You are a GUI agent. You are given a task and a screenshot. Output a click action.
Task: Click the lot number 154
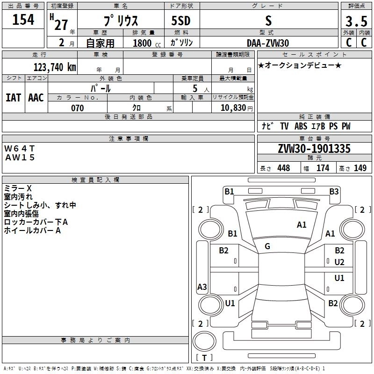(x=23, y=19)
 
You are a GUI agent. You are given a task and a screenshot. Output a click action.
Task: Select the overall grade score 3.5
(x=356, y=21)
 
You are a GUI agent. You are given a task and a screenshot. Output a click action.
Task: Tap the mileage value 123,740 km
(x=55, y=67)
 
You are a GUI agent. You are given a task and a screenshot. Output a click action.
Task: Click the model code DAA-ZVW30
(x=268, y=43)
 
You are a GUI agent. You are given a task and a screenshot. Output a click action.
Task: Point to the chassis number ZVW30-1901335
(x=314, y=149)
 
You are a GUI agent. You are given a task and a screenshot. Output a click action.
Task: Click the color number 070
(x=78, y=108)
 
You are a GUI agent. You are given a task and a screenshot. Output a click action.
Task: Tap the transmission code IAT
(x=14, y=98)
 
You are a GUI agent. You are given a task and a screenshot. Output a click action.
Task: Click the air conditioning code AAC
(x=36, y=98)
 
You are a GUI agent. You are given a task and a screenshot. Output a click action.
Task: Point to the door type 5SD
(x=181, y=21)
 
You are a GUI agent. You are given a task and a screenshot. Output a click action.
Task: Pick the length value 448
(x=284, y=168)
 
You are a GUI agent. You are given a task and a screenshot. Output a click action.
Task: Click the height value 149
(x=360, y=168)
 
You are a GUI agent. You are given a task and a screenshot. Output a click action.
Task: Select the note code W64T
(x=20, y=149)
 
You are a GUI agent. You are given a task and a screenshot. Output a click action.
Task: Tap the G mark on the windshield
(x=267, y=246)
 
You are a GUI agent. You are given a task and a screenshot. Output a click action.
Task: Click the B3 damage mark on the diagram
(x=334, y=192)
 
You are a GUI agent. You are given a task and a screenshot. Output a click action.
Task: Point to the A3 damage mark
(x=202, y=287)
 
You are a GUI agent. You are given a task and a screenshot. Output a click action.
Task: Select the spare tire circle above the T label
(x=204, y=341)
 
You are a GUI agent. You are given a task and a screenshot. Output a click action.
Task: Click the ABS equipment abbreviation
(x=301, y=126)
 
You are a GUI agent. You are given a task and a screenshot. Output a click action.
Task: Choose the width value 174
(x=323, y=168)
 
